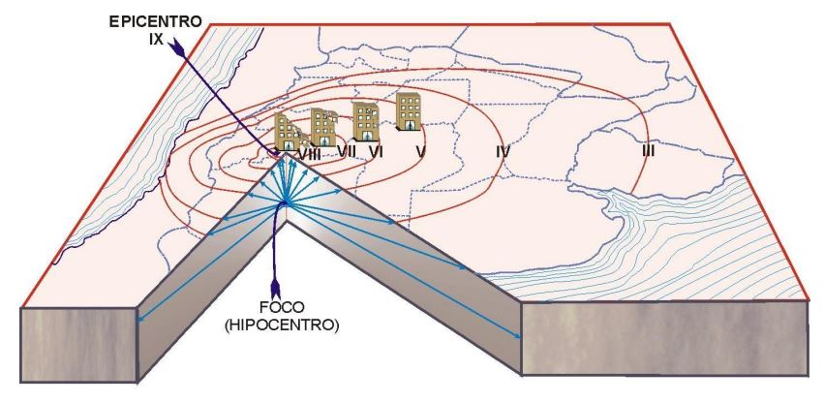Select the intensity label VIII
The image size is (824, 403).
pos(310,152)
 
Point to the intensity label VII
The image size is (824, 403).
pos(348,151)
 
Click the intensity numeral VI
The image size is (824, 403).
pos(377,151)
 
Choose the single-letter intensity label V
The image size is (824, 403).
pos(420,151)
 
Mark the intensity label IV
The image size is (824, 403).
pos(502,151)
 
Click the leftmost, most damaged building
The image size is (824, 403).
pos(288,133)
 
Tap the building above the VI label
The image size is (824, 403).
pos(366,121)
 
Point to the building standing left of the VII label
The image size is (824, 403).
pos(323,127)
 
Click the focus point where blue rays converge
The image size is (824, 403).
pos(286,202)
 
